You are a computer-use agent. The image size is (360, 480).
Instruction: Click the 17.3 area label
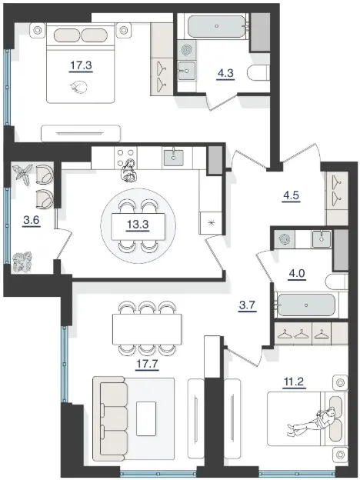tap(81, 65)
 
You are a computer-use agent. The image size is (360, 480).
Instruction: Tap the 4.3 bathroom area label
tap(225, 74)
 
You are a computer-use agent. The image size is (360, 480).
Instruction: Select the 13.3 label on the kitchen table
tap(138, 225)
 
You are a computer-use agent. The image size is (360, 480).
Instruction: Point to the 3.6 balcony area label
tap(32, 220)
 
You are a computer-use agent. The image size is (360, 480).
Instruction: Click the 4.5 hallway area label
tap(291, 195)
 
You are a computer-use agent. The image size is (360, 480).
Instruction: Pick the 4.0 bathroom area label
tap(297, 273)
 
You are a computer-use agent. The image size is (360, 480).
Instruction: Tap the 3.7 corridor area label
tap(247, 305)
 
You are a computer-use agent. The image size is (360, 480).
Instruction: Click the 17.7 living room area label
tap(147, 364)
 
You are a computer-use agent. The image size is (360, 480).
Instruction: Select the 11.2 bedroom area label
tap(294, 382)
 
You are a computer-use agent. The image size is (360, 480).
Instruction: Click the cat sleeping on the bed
tap(78, 87)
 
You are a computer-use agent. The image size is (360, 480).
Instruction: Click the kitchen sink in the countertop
tap(174, 158)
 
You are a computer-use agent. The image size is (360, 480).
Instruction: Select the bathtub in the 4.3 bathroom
tap(217, 26)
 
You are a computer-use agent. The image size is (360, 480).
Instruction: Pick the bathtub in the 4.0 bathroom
tap(306, 305)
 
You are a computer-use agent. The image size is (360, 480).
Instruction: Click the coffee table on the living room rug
tap(146, 418)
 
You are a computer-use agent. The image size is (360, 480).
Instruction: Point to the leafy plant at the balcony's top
tap(22, 174)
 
